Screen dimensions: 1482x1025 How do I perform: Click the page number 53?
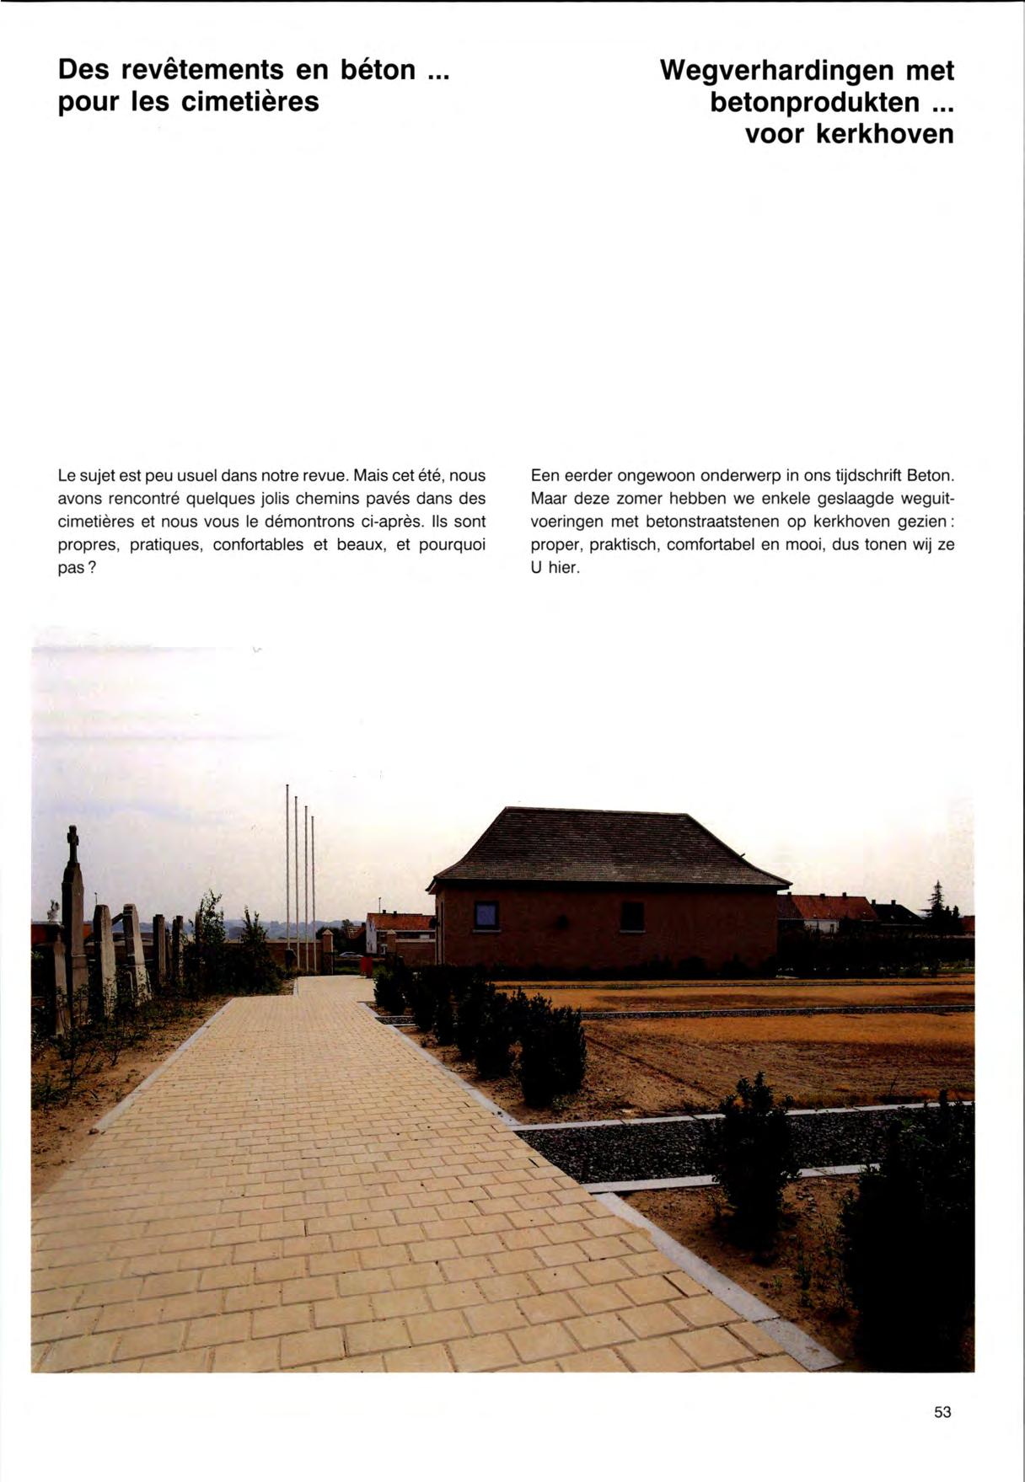point(942,1411)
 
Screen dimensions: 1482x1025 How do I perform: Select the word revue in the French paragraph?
point(322,475)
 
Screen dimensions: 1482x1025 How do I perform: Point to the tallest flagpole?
point(287,876)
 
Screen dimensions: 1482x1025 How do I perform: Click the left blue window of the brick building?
point(486,915)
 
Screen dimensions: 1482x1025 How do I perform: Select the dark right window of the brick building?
point(632,916)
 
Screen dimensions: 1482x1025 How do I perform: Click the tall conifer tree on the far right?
point(936,906)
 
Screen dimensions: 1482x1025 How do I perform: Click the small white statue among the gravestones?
point(53,911)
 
